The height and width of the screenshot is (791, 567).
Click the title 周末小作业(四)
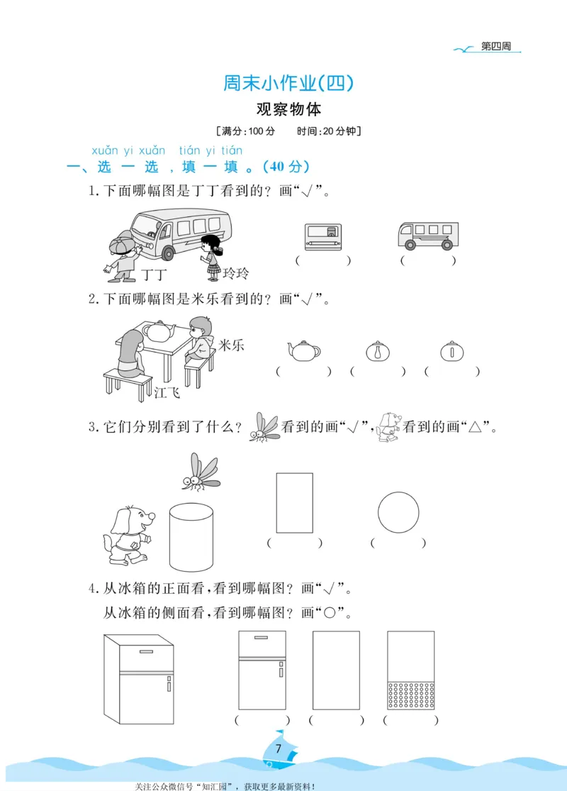tap(288, 84)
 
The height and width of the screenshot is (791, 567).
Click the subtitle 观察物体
tap(288, 110)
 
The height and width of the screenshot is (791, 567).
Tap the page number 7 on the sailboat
tap(279, 748)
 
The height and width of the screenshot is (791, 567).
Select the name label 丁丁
tap(153, 274)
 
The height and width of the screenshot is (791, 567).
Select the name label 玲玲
tap(236, 274)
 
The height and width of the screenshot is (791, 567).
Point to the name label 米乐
tap(232, 345)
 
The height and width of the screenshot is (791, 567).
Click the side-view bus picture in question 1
tap(428, 236)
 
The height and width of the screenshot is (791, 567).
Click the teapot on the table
tap(161, 330)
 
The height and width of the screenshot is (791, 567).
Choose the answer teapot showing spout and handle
tap(303, 349)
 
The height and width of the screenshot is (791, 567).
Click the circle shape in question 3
tap(398, 512)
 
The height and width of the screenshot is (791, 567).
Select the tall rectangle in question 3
tap(294, 502)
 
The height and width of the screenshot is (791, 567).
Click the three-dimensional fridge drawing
tap(139, 678)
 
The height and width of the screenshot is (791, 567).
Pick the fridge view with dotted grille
tap(410, 670)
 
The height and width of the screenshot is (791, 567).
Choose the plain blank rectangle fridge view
tap(336, 670)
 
